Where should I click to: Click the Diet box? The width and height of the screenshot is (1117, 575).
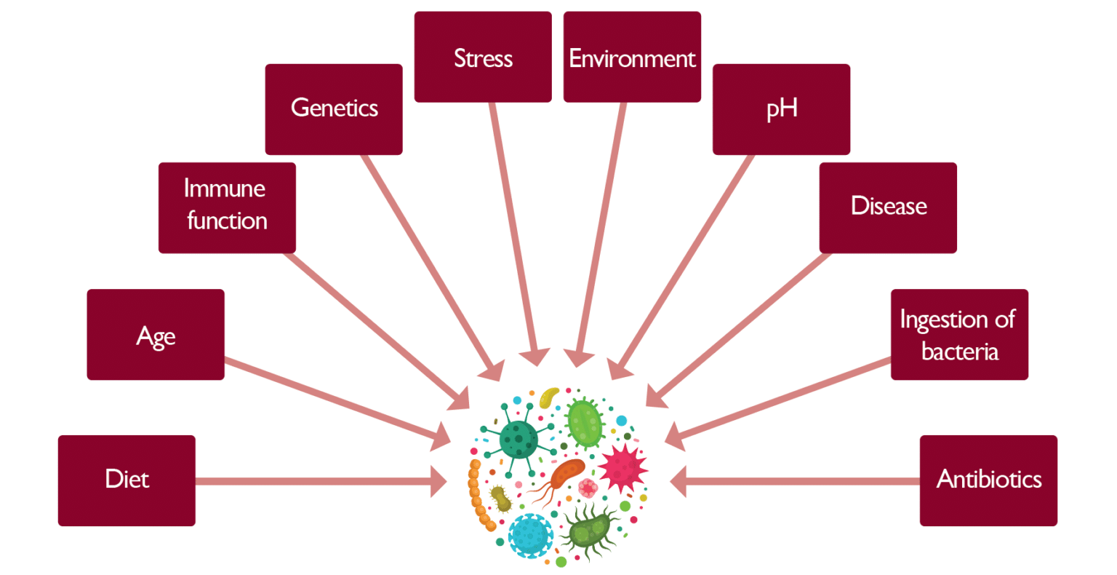click(127, 480)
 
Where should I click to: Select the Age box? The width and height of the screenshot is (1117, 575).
click(156, 335)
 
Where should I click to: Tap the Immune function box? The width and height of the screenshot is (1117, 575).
click(227, 207)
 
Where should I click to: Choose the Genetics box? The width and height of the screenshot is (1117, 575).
click(334, 109)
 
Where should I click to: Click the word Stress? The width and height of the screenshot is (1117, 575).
click(483, 58)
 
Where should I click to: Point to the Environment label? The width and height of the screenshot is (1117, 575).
click(632, 58)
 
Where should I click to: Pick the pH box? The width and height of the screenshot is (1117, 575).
click(781, 109)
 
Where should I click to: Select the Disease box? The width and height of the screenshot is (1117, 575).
click(888, 207)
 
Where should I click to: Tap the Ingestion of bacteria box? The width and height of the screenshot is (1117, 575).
click(959, 335)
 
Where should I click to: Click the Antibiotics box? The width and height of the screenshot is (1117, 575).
click(988, 480)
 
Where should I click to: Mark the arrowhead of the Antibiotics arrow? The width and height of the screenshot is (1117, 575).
click(678, 481)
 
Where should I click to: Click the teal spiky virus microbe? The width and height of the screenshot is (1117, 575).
click(519, 439)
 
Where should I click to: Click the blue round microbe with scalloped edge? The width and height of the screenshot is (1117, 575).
click(530, 536)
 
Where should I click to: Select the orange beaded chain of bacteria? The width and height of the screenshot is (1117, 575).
click(479, 495)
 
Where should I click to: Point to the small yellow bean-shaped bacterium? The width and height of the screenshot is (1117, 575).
click(548, 397)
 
